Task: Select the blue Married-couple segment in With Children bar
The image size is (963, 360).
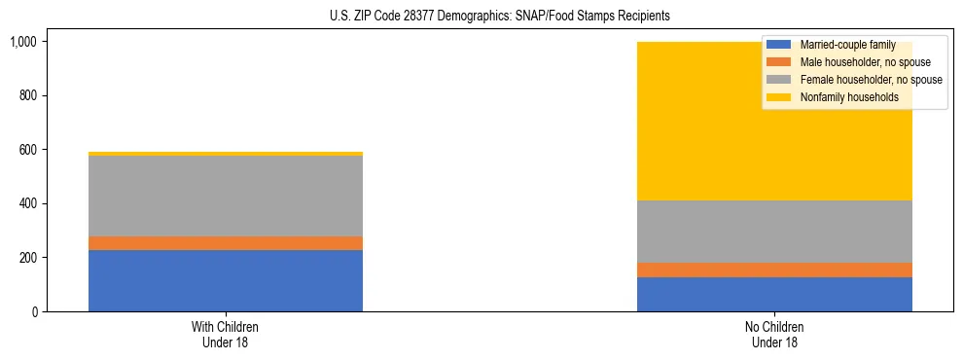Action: (x=226, y=280)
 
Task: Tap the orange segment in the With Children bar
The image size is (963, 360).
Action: (x=226, y=243)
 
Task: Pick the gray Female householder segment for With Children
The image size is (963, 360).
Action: (x=226, y=196)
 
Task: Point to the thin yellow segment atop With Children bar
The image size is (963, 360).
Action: (x=226, y=154)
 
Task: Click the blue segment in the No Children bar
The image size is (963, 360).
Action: (x=774, y=294)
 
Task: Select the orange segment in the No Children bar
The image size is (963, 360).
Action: (x=774, y=270)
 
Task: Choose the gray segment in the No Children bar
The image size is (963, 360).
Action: (x=774, y=232)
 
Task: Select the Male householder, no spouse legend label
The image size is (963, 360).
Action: (x=851, y=62)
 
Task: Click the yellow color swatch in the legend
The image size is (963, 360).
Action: (x=779, y=97)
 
